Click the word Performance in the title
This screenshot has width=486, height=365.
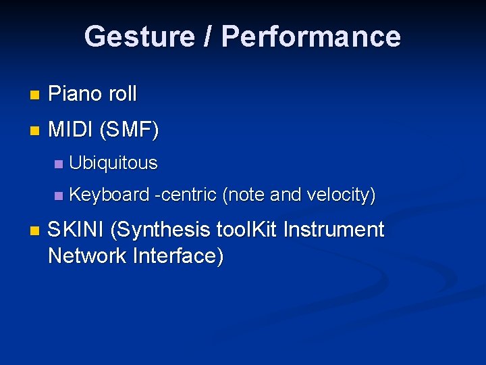point(311,36)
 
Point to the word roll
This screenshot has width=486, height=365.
point(122,94)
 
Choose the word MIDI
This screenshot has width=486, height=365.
point(70,129)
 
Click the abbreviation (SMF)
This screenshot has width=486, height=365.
point(129,129)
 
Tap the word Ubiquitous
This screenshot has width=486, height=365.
point(113,163)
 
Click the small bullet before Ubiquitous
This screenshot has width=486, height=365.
point(58,164)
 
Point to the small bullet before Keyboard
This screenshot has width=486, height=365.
point(58,197)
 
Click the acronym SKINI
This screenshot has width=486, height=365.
point(76,230)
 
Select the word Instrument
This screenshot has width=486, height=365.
point(333,230)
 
